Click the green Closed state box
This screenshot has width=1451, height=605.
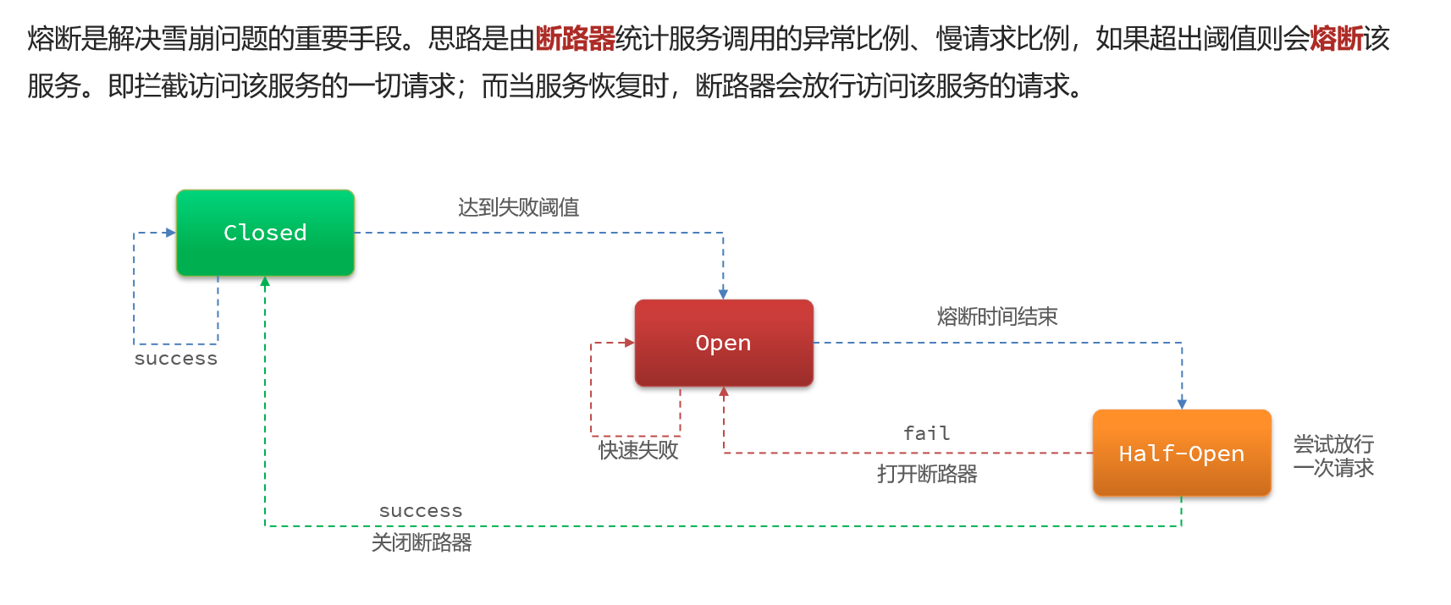[x=265, y=233]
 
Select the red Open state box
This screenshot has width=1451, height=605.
[x=724, y=343]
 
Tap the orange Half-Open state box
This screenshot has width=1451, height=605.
[x=1182, y=454]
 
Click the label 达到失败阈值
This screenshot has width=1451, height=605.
[x=518, y=207]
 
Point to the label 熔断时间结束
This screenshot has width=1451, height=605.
[x=997, y=316]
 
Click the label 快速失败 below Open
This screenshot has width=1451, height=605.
[x=638, y=450]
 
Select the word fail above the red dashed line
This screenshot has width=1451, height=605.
[x=926, y=433]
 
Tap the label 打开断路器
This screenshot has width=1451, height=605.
[x=927, y=474]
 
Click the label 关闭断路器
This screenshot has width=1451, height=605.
[x=422, y=542]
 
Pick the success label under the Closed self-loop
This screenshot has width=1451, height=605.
[x=176, y=359]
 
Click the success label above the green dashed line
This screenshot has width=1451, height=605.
[x=421, y=511]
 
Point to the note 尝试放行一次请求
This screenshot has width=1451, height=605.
[x=1333, y=455]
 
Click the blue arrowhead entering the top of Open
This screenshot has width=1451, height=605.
[x=723, y=294]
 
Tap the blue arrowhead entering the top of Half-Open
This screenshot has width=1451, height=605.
[x=1182, y=404]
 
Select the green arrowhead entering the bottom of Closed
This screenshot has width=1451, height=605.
[x=265, y=282]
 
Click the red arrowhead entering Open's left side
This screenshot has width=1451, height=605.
[x=628, y=343]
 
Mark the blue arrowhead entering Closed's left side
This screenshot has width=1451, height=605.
[x=170, y=233]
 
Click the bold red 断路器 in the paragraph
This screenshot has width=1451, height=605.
[x=576, y=39]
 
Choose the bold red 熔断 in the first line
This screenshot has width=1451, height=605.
[x=1336, y=39]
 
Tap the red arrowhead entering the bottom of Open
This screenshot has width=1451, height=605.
[x=724, y=393]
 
